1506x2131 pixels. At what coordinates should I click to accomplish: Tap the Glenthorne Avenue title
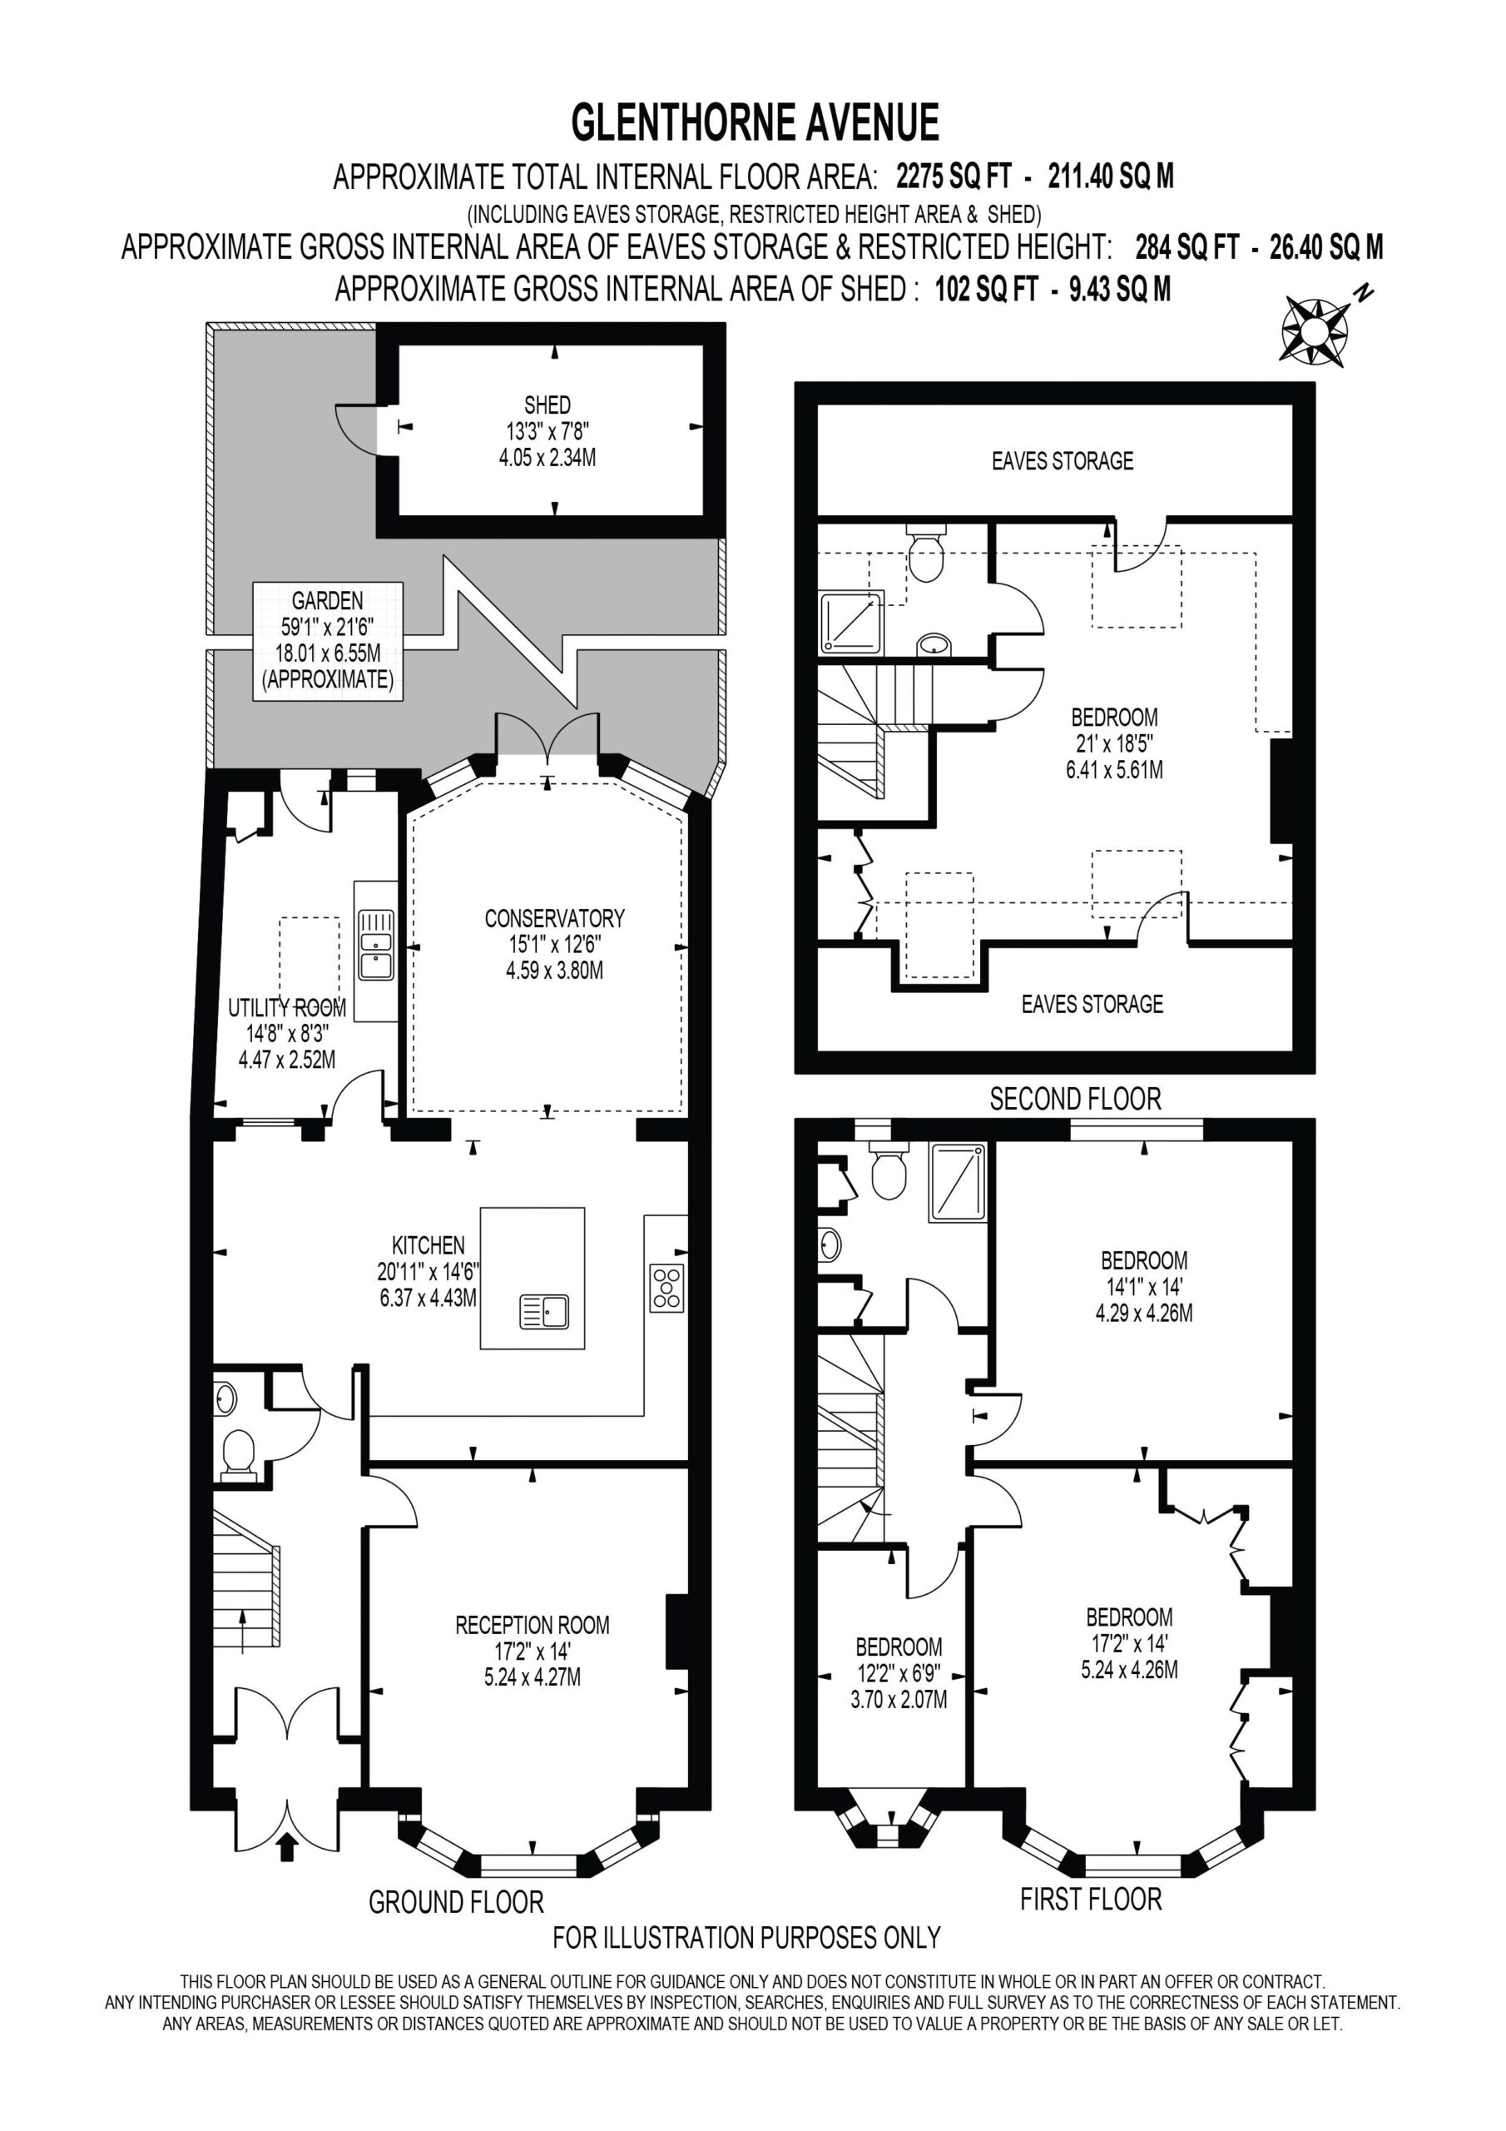(x=755, y=122)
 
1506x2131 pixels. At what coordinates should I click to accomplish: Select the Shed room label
(x=547, y=430)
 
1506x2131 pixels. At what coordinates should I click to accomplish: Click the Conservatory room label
(x=554, y=945)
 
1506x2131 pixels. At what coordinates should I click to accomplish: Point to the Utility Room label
(x=287, y=1033)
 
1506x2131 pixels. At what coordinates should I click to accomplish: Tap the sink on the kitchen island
(x=545, y=1310)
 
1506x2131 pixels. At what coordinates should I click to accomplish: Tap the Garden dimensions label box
(x=328, y=641)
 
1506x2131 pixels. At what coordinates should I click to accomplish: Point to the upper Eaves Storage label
(x=1063, y=460)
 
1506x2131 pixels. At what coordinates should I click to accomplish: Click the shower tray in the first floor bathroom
(x=958, y=1181)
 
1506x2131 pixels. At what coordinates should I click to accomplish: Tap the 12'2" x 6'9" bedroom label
(x=899, y=1672)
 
